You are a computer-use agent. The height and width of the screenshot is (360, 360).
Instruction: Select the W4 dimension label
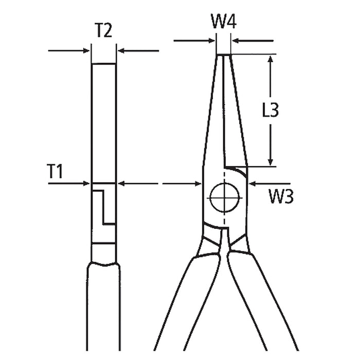[224, 22]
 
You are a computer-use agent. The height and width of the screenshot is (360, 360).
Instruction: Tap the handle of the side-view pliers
[103, 309]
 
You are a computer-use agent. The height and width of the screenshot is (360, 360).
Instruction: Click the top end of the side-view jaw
[103, 64]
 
